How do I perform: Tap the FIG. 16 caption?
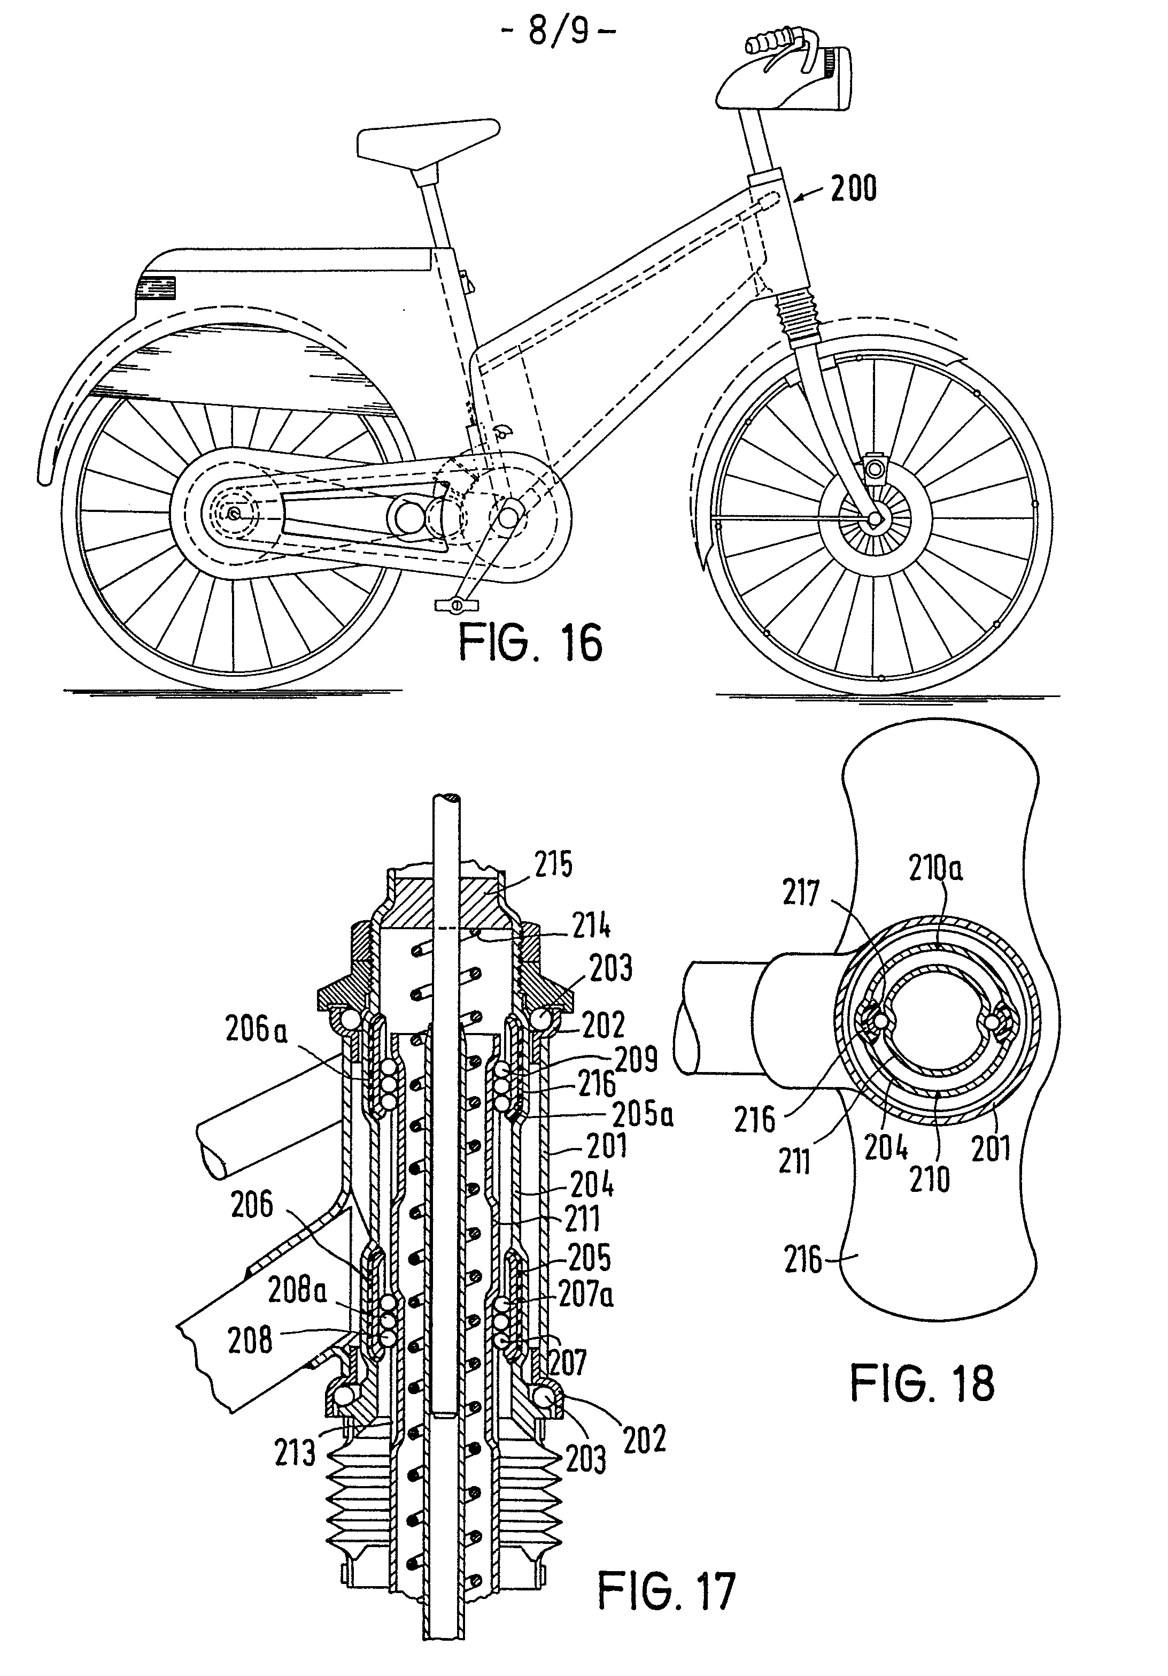click(530, 642)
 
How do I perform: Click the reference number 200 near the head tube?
click(854, 188)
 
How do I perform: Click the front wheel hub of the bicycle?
click(874, 518)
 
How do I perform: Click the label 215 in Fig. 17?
click(553, 865)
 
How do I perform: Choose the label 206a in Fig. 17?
click(256, 1031)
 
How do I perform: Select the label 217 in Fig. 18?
click(801, 893)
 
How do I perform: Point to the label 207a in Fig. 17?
click(586, 1294)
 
